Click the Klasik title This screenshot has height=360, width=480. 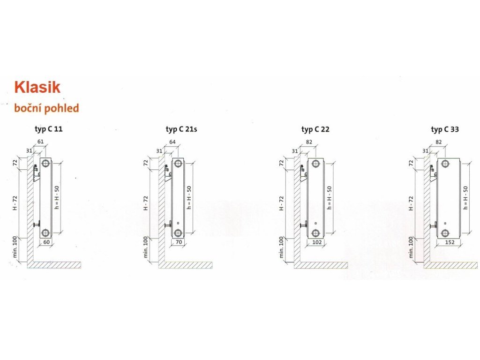click(37, 87)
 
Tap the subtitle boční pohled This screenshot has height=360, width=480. click(46, 108)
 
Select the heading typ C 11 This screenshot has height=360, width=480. click(49, 129)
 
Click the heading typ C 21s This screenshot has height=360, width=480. click(181, 129)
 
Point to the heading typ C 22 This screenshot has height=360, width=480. click(315, 129)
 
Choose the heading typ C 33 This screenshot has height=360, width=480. click(445, 129)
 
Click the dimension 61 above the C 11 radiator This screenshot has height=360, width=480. click(40, 142)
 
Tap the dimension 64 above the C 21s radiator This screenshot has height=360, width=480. click(172, 142)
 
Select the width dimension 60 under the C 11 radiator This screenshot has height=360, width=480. click(46, 242)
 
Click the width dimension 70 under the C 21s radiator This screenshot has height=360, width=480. click(179, 242)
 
